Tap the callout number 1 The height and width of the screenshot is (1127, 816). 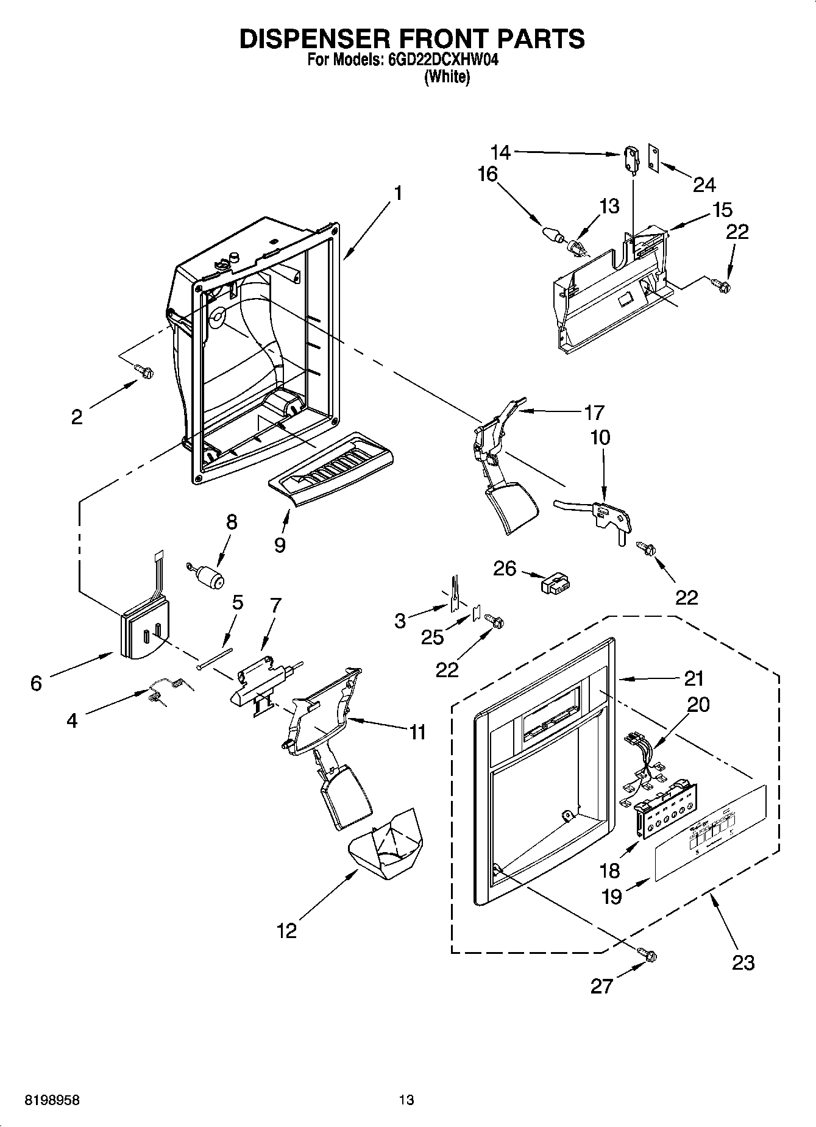397,193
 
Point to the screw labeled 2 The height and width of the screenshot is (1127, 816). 145,371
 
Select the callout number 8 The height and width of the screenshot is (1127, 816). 231,522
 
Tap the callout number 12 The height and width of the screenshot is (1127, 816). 286,931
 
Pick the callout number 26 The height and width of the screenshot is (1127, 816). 505,569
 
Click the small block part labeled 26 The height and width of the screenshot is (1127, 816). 555,584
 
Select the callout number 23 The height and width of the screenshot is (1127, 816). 743,962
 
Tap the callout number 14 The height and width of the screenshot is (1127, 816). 501,152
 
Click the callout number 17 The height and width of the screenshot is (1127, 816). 594,413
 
